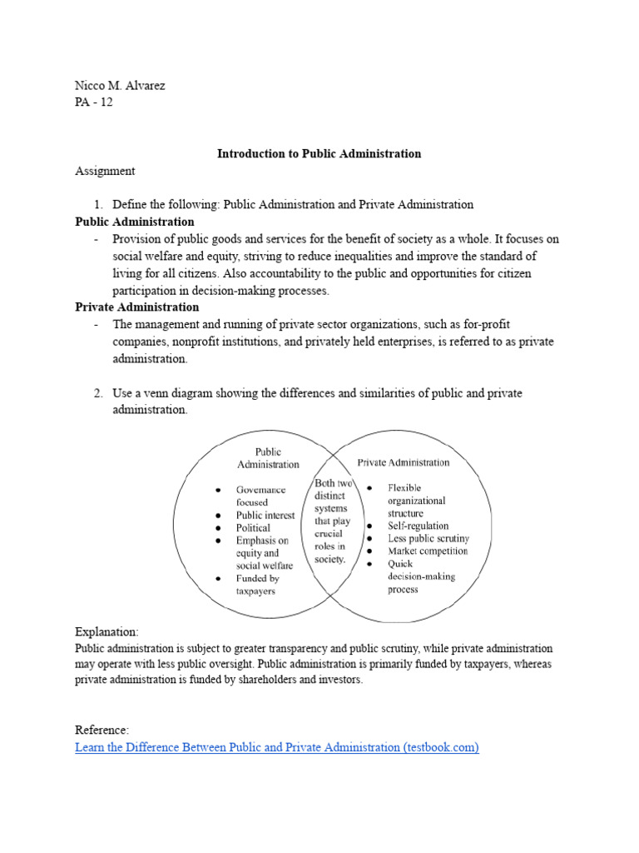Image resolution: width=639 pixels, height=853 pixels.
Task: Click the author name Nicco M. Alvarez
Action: tap(120, 86)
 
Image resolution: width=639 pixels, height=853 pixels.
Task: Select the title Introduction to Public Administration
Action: tap(319, 153)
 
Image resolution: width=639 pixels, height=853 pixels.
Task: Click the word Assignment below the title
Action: tap(105, 171)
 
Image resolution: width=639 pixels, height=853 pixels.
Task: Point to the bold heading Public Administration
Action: tap(134, 222)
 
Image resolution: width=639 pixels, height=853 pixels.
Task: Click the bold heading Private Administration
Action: tap(136, 307)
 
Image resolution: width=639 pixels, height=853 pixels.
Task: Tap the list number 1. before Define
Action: tap(98, 204)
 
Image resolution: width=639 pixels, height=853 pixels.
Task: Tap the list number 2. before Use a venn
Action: tap(98, 393)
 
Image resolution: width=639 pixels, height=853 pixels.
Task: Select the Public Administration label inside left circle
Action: tap(268, 458)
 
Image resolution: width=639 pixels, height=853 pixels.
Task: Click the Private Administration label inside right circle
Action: tap(404, 462)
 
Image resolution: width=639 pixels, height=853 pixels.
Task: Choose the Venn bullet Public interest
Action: tap(265, 516)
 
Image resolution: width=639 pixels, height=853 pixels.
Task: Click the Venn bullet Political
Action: tap(253, 528)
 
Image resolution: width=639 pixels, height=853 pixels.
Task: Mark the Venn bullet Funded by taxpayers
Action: tap(258, 584)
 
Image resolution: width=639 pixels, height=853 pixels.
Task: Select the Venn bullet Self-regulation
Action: tap(418, 526)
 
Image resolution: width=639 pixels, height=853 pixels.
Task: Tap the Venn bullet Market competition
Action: tap(428, 551)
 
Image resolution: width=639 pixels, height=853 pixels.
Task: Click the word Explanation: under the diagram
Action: tap(107, 632)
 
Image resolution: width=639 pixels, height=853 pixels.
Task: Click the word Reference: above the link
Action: tap(102, 730)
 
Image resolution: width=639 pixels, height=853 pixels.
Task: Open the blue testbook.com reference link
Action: tap(277, 747)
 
